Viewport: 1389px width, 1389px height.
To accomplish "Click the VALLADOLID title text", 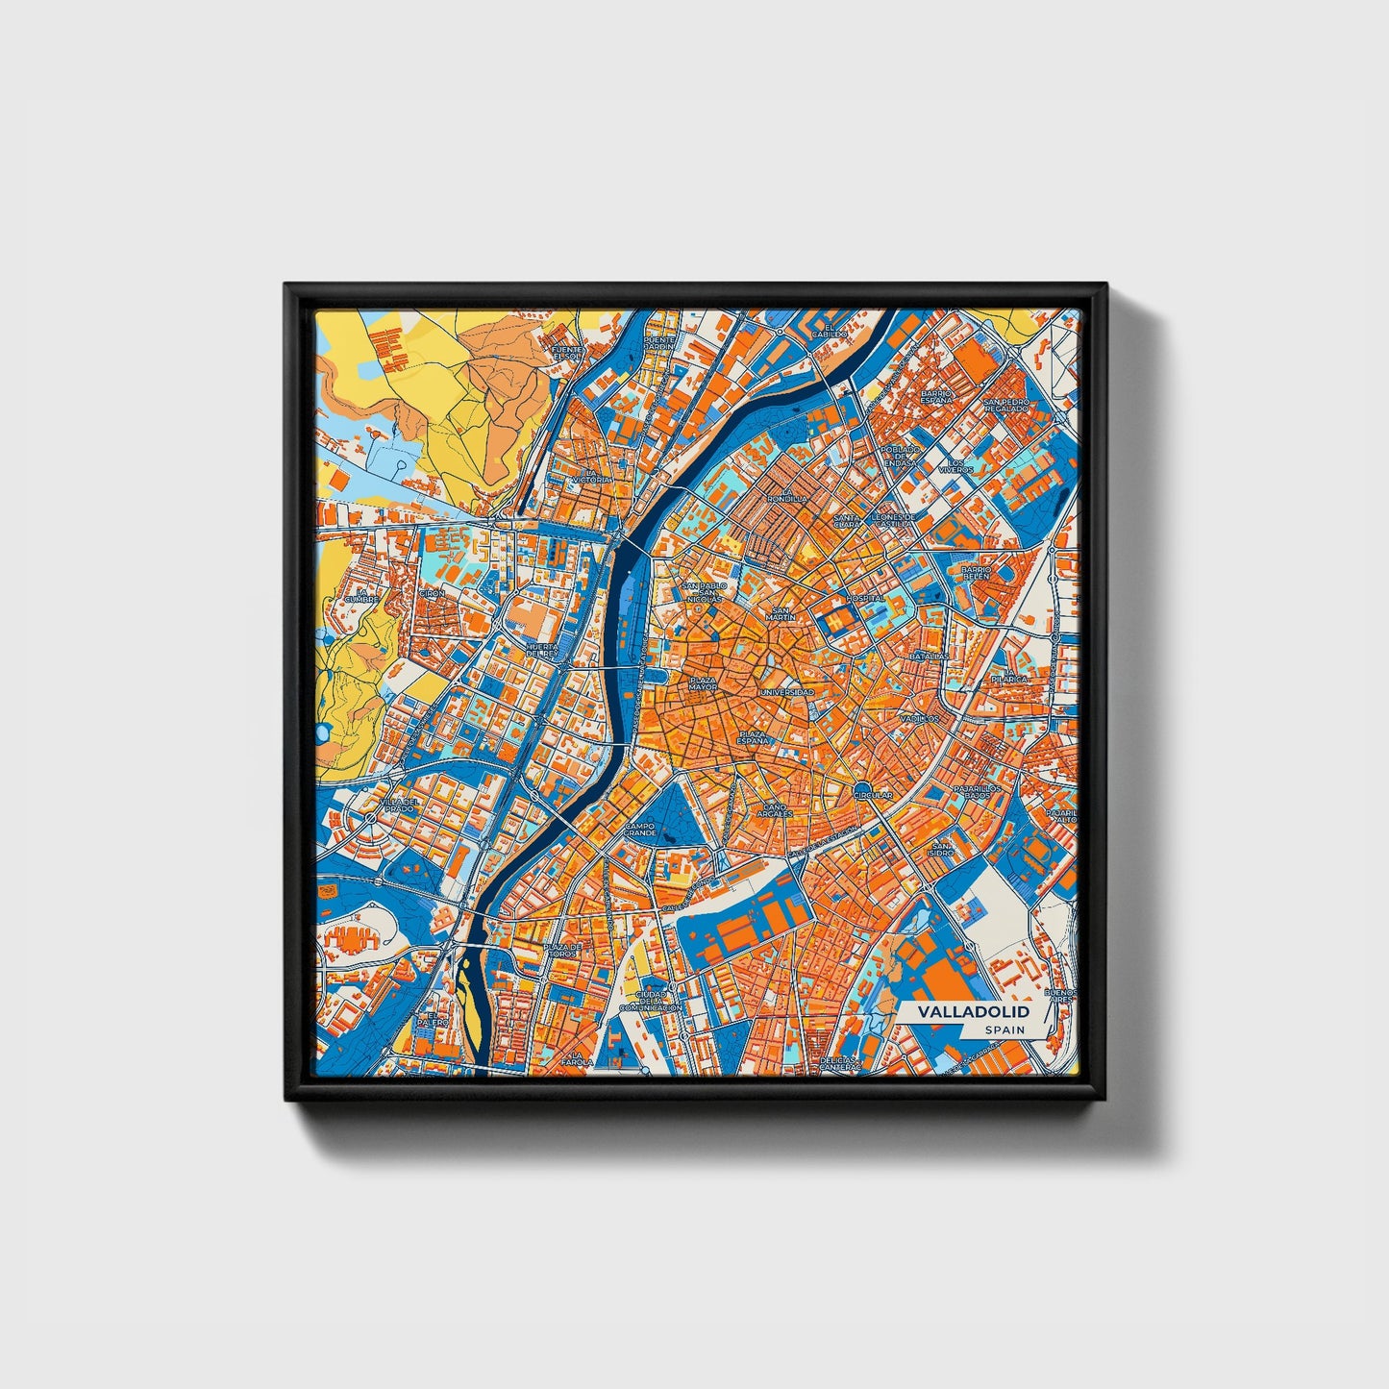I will (x=972, y=1012).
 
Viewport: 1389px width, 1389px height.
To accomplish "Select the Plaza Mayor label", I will (x=703, y=683).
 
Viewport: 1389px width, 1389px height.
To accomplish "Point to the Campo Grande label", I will (x=639, y=829).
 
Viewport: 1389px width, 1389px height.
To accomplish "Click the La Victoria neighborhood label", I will (x=590, y=475).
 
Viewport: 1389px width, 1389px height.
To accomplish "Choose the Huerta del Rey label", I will (x=542, y=650).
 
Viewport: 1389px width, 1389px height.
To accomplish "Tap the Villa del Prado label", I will (x=398, y=805).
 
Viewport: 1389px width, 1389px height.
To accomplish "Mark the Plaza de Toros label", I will (x=563, y=950).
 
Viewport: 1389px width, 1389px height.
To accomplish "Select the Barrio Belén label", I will (x=976, y=572).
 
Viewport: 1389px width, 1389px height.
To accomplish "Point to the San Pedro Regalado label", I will (x=1005, y=405).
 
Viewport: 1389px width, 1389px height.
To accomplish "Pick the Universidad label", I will (x=787, y=692).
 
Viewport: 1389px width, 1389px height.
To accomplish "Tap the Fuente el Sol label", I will (x=567, y=353).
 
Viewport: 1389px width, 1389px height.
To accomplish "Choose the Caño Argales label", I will (x=774, y=809).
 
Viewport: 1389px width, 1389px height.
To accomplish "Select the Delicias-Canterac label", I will (x=840, y=1064).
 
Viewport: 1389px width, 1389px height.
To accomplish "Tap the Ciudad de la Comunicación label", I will (x=643, y=1001).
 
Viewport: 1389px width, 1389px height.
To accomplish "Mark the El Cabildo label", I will (x=829, y=331).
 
